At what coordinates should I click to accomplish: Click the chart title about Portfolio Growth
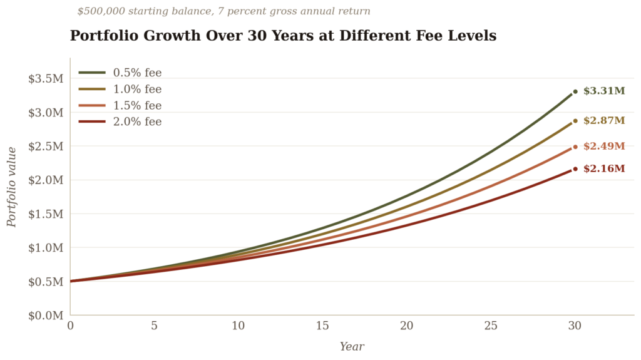click(x=283, y=36)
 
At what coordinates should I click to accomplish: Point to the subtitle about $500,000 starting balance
click(x=223, y=11)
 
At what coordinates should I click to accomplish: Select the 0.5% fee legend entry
click(x=120, y=73)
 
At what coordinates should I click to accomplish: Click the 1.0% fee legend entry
click(x=120, y=89)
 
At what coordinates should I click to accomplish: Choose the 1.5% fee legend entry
click(x=120, y=106)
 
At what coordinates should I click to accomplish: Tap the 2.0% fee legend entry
click(x=120, y=121)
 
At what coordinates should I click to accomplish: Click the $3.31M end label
click(x=604, y=91)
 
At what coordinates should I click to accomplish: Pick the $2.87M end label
click(x=604, y=121)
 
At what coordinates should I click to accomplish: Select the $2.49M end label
click(x=604, y=147)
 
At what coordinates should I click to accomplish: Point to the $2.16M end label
click(x=604, y=168)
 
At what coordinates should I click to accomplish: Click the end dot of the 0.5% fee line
click(x=575, y=91)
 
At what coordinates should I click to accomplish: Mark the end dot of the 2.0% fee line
click(x=575, y=169)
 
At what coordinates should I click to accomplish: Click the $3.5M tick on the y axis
click(x=46, y=78)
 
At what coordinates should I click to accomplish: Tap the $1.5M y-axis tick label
click(x=46, y=214)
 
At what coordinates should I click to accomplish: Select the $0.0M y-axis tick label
click(x=46, y=316)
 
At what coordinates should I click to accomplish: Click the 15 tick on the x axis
click(x=322, y=326)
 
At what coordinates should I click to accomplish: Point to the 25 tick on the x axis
click(x=491, y=326)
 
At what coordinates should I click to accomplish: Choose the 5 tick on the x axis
click(x=154, y=326)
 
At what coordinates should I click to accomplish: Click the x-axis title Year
click(x=352, y=347)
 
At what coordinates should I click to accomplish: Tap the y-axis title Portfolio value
click(x=12, y=187)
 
